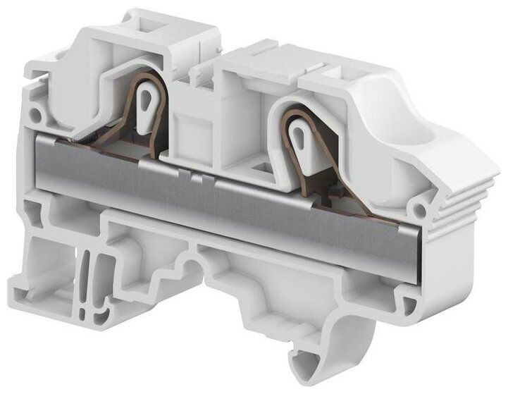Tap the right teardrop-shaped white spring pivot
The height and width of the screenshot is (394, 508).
point(298,135)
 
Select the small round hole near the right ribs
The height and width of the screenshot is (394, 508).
point(421,209)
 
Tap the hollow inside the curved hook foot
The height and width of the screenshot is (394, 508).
point(324,345)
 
